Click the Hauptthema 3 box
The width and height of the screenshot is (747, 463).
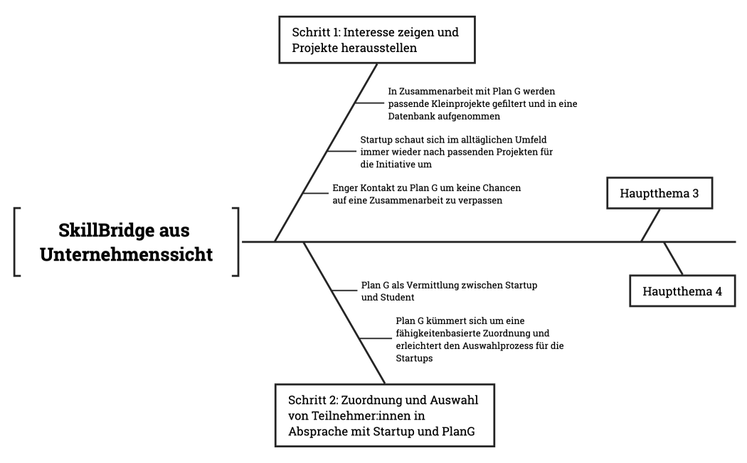click(659, 193)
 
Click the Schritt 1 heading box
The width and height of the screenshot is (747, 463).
click(376, 40)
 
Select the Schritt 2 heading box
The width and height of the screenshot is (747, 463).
click(383, 415)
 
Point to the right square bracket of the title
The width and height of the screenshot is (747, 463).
click(235, 242)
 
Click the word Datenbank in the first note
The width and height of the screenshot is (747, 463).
click(413, 115)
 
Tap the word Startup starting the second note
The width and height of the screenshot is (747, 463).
click(376, 140)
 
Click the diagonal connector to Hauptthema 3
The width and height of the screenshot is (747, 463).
click(650, 225)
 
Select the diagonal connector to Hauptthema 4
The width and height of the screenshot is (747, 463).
click(673, 259)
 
